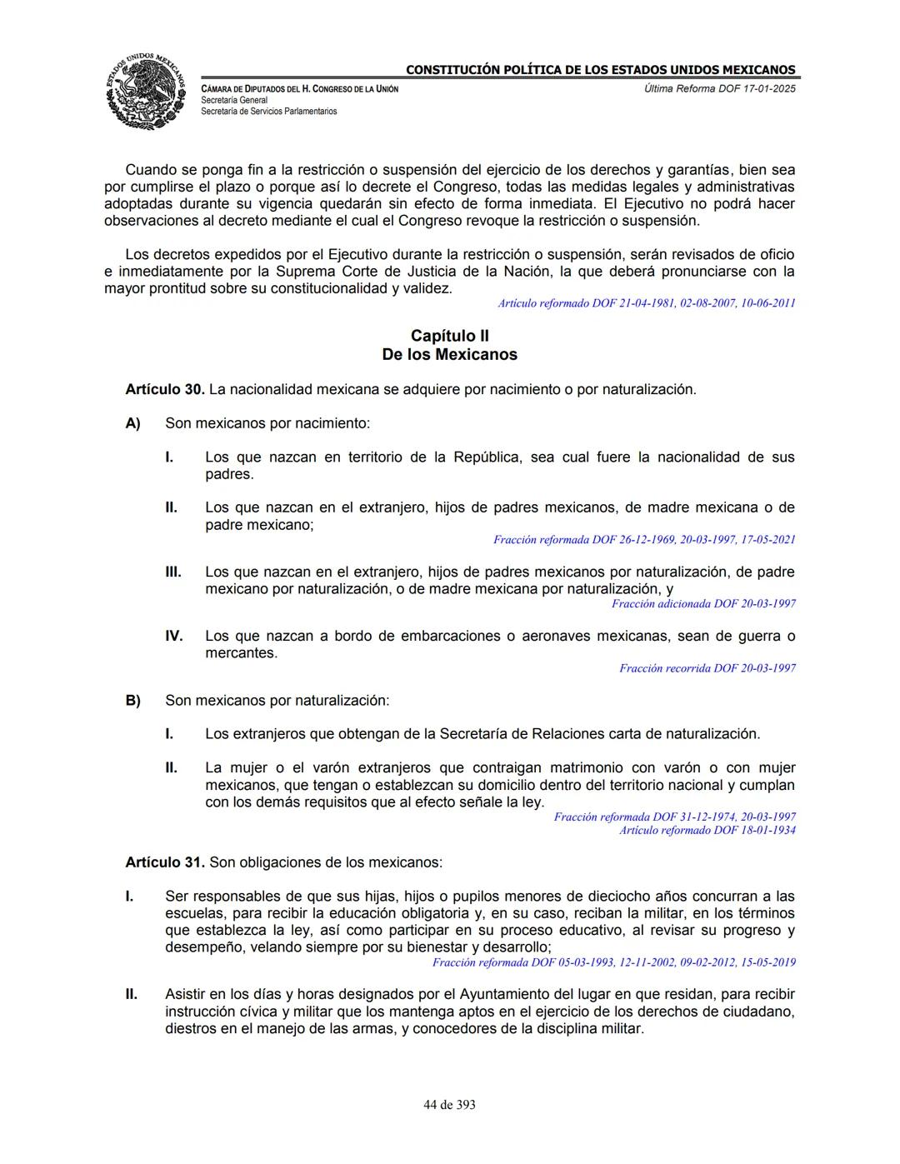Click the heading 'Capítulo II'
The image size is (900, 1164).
pyautogui.click(x=449, y=336)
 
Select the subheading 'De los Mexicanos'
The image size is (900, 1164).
pyautogui.click(x=449, y=355)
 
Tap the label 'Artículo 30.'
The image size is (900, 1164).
pyautogui.click(x=164, y=389)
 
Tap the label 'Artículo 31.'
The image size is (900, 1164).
pyautogui.click(x=164, y=862)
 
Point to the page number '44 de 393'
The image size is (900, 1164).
pyautogui.click(x=449, y=1105)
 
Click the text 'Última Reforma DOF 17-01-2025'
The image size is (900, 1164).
pyautogui.click(x=719, y=88)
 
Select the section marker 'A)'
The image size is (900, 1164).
pyautogui.click(x=132, y=423)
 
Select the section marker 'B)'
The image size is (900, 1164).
pyautogui.click(x=132, y=701)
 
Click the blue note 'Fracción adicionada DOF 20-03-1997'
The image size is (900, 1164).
pyautogui.click(x=703, y=604)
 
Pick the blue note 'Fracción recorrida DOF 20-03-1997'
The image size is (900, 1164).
pyautogui.click(x=707, y=668)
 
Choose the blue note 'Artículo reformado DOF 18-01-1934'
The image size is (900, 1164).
pyautogui.click(x=707, y=830)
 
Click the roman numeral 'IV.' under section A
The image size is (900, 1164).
pyautogui.click(x=173, y=637)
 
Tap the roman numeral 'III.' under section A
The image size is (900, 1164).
pyautogui.click(x=172, y=572)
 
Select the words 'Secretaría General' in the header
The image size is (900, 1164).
pyautogui.click(x=234, y=100)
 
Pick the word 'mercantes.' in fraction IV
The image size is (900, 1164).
pyautogui.click(x=242, y=653)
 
